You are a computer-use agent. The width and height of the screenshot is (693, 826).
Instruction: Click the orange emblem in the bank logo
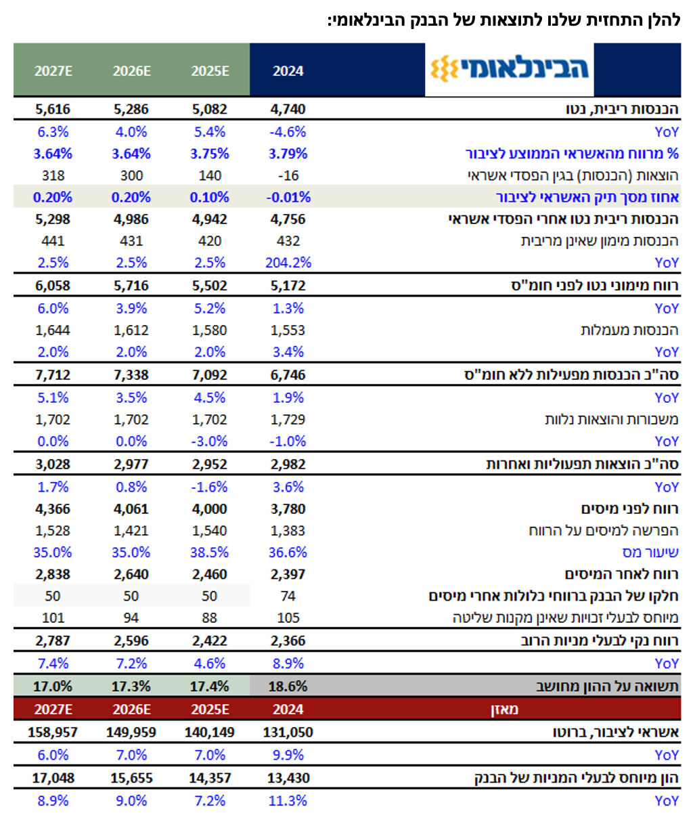[x=444, y=68]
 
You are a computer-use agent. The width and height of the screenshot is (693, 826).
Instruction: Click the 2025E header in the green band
[x=210, y=71]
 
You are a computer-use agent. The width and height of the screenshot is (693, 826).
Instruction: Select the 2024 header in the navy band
[x=288, y=71]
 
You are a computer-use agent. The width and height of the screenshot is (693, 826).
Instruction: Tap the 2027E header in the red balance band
[x=53, y=710]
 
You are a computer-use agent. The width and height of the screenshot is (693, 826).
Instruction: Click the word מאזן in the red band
[x=504, y=710]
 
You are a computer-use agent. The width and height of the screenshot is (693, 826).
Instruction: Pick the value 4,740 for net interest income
[x=288, y=109]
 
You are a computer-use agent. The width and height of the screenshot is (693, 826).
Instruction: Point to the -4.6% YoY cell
[x=288, y=132]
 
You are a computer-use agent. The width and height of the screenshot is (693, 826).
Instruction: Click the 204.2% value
[x=288, y=262]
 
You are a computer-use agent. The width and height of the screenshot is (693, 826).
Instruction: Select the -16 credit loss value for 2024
[x=288, y=175]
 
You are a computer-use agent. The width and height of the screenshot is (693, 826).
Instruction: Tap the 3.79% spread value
[x=288, y=154]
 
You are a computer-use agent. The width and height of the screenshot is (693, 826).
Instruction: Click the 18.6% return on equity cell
[x=288, y=687]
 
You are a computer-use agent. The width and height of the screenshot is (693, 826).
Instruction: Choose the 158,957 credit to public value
[x=53, y=733]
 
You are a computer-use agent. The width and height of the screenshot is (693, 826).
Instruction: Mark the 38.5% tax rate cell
[x=210, y=552]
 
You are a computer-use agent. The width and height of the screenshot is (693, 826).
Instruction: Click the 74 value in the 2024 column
[x=288, y=596]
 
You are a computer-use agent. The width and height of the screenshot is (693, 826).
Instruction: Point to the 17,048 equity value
[x=53, y=778]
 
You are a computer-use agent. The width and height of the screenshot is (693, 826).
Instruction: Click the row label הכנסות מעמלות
[x=629, y=330]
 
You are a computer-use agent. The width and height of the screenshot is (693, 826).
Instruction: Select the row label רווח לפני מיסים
[x=629, y=508]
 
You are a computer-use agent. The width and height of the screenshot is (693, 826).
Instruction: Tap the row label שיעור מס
[x=650, y=552]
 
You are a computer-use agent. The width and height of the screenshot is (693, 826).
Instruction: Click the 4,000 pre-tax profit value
[x=210, y=508]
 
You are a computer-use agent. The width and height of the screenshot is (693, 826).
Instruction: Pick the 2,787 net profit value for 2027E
[x=53, y=640]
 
